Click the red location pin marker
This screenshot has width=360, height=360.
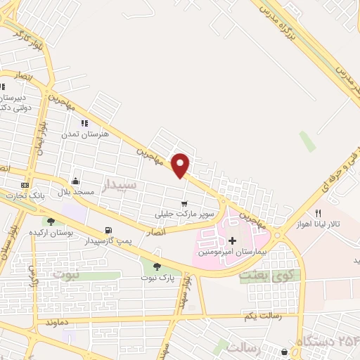(x=181, y=165)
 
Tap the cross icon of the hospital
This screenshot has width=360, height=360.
(x=232, y=240)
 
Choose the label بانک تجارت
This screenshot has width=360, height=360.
(x=25, y=195)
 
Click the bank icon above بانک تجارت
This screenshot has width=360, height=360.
(x=25, y=185)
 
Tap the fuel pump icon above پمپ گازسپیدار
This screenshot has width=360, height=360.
(x=108, y=230)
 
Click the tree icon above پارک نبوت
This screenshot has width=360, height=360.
(x=156, y=266)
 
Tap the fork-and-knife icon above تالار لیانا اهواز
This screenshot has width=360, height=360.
(x=318, y=213)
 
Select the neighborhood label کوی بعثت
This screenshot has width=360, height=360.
(x=264, y=275)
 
